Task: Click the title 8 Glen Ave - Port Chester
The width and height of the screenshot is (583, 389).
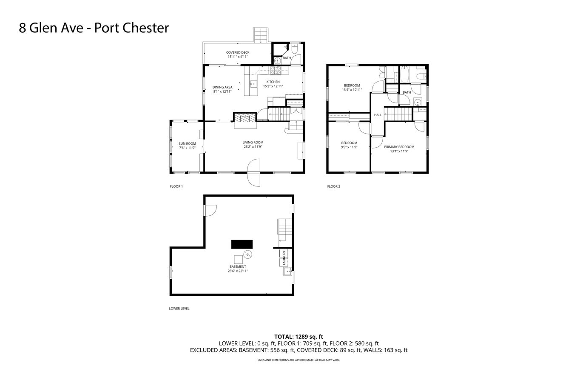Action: [94, 28]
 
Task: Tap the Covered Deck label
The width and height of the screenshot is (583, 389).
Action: [238, 52]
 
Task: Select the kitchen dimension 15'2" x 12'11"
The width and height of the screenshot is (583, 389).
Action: [273, 86]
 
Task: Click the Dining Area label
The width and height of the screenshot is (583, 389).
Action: [222, 87]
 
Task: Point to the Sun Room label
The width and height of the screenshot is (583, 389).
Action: [187, 143]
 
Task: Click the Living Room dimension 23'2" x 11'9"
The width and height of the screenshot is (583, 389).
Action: [253, 147]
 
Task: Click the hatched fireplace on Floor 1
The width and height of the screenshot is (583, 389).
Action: [245, 117]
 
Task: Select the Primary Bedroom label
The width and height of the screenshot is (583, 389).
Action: [399, 147]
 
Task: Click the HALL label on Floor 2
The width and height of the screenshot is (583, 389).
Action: [378, 115]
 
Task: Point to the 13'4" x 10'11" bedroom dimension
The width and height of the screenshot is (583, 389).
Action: [352, 90]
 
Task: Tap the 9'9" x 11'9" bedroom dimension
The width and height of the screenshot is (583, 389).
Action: [349, 147]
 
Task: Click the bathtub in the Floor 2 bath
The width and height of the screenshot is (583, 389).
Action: [404, 74]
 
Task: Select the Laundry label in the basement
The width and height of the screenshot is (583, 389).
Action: [284, 257]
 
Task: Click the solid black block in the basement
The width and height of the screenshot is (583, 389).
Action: [242, 244]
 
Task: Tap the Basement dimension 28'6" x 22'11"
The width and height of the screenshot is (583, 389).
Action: [238, 271]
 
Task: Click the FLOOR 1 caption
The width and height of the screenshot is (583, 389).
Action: [176, 186]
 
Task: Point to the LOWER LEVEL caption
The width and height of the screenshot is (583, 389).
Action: [179, 309]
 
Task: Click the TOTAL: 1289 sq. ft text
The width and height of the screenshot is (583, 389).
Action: [299, 337]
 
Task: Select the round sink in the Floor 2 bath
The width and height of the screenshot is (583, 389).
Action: [418, 102]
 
